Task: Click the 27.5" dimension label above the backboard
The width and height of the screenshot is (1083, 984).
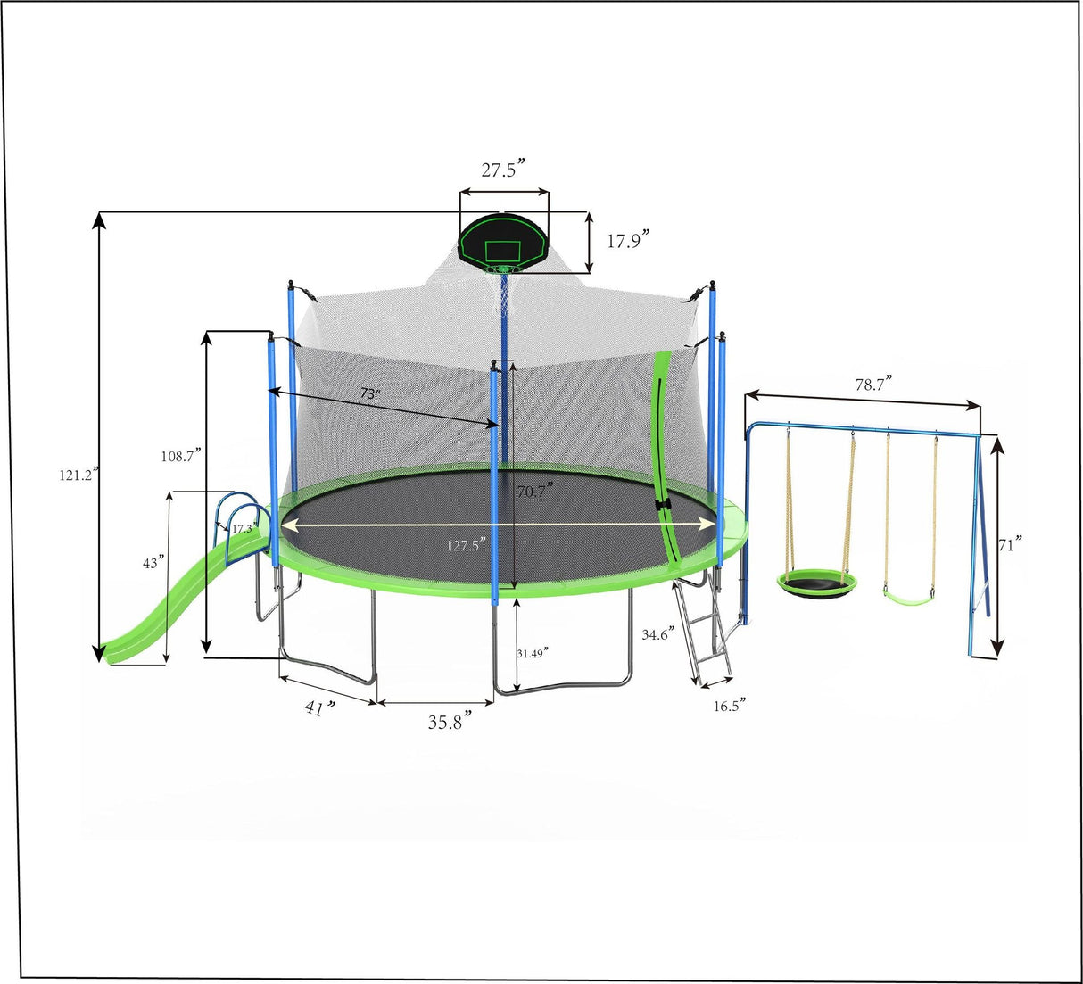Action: pyautogui.click(x=503, y=170)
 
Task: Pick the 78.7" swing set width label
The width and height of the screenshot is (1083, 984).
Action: pyautogui.click(x=873, y=384)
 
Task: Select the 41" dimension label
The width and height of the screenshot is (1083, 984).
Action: pyautogui.click(x=319, y=708)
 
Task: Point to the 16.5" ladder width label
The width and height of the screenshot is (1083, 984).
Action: pyautogui.click(x=729, y=706)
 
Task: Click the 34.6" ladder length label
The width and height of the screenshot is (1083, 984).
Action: pyautogui.click(x=658, y=635)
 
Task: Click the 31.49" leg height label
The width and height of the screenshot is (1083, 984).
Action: pyautogui.click(x=533, y=652)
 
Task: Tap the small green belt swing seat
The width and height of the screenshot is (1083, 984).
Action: pyautogui.click(x=908, y=591)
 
